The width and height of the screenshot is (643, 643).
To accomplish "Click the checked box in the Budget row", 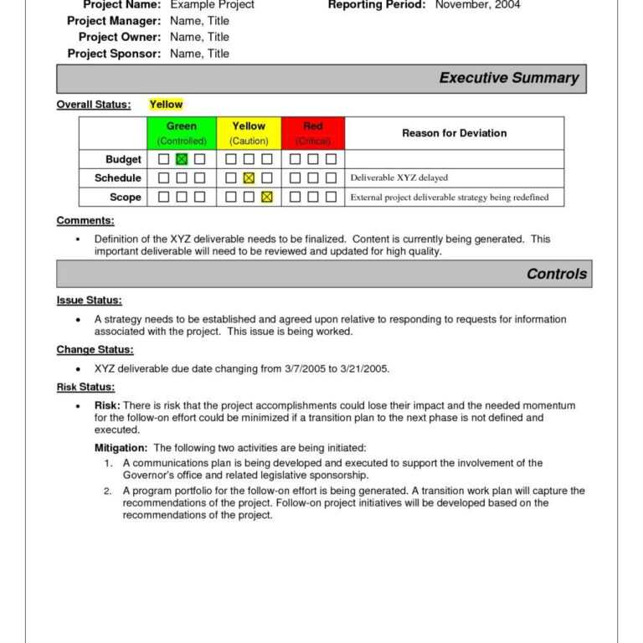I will click(182, 159).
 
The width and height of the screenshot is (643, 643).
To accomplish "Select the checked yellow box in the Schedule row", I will click(249, 178).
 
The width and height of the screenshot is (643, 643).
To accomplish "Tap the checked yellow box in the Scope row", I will click(267, 198).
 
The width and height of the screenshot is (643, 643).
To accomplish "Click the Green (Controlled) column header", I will click(182, 133).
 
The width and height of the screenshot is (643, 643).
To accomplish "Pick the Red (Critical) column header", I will click(313, 133).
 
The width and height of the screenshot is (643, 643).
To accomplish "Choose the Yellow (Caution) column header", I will click(249, 133).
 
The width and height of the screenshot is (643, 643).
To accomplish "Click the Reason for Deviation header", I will click(454, 133).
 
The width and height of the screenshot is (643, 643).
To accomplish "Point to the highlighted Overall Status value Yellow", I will click(166, 105).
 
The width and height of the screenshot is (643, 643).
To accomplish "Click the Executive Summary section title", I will click(508, 78).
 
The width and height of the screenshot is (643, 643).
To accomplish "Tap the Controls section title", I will click(556, 274).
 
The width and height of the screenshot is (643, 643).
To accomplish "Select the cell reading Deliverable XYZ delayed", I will click(399, 178).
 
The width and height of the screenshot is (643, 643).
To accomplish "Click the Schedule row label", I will click(117, 178).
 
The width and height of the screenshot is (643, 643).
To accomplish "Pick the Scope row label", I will click(126, 198).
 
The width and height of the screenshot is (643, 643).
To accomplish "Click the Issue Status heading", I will click(89, 300).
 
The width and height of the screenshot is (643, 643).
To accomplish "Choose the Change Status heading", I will click(95, 349).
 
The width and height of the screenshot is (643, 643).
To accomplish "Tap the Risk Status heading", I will click(85, 387).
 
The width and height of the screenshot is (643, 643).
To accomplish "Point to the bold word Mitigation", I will click(121, 448).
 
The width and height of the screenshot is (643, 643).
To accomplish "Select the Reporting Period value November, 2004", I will click(477, 5).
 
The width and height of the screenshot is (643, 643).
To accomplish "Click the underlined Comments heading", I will click(85, 220).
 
